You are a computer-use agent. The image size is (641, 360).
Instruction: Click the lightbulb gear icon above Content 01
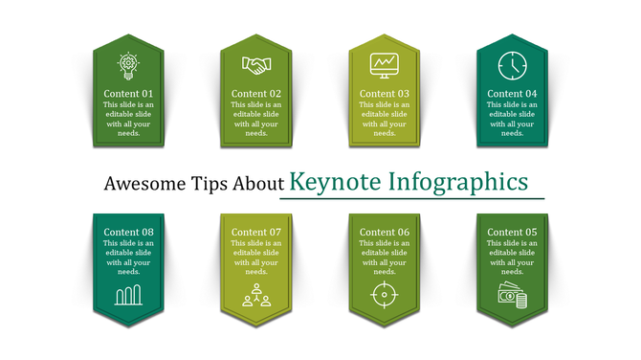pos(128,65)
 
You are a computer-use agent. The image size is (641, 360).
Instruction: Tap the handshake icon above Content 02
pos(256,66)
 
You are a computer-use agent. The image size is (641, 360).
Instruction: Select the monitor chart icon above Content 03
pos(385,65)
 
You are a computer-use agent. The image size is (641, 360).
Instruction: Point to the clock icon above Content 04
pos(512,64)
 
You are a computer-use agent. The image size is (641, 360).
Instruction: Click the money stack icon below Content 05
pos(512,296)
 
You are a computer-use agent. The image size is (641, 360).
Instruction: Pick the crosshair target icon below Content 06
pos(385,294)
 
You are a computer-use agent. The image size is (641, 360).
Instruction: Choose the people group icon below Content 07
pos(256,295)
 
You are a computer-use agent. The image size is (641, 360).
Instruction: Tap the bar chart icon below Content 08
pos(128,295)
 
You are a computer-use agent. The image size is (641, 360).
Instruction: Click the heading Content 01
pos(128,94)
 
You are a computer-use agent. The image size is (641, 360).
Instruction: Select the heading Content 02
pos(256,94)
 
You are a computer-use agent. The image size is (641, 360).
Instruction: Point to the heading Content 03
pos(385,94)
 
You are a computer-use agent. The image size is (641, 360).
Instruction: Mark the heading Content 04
pos(512,94)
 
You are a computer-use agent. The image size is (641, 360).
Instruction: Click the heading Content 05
pos(512,232)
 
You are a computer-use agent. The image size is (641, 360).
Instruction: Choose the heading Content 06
pos(385,232)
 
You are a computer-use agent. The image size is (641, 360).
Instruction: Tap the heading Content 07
pos(256,232)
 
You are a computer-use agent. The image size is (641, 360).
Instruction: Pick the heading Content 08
pos(128,232)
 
